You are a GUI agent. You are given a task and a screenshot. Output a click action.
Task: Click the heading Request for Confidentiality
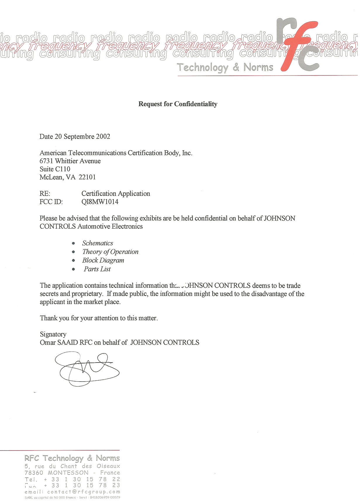tap(178, 104)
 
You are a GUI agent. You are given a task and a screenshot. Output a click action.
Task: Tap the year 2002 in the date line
tap(103, 137)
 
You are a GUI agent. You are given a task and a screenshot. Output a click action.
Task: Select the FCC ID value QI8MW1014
tap(100, 202)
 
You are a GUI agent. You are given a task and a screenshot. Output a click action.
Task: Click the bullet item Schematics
tap(98, 243)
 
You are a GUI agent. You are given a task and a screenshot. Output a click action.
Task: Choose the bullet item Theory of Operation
tap(110, 252)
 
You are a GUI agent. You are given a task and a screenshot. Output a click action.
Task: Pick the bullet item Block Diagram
tap(103, 261)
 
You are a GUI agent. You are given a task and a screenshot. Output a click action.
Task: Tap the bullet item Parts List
tap(97, 269)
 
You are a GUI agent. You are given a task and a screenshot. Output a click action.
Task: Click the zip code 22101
tap(87, 177)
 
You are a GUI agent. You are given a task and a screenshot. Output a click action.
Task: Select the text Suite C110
tap(55, 169)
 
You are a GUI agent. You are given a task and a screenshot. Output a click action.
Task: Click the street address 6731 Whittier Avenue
tap(70, 161)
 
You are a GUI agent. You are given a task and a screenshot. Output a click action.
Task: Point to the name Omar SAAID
tap(59, 342)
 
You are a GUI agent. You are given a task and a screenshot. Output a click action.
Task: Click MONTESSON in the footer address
tap(68, 473)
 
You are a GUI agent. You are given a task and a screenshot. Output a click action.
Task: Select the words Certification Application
tap(116, 194)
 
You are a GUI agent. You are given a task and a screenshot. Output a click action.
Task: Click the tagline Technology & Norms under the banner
tap(225, 68)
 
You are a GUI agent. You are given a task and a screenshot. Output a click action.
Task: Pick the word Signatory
tap(53, 334)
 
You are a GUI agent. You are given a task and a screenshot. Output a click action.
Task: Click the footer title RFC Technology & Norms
tap(72, 458)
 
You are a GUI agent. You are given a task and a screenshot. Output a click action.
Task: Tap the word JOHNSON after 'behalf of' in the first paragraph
tap(279, 218)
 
